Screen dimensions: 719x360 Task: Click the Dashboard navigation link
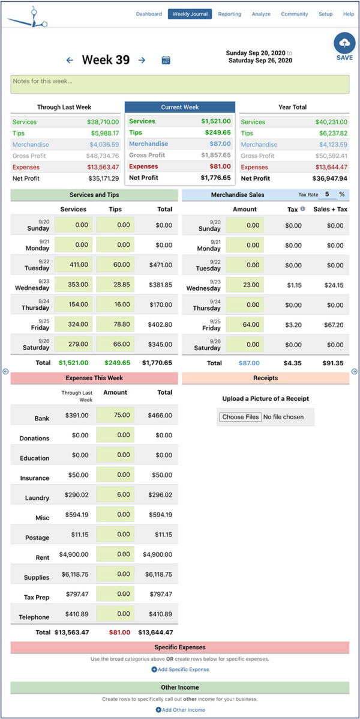(149, 14)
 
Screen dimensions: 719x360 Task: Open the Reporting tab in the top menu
(229, 14)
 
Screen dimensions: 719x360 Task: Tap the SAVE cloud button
(344, 46)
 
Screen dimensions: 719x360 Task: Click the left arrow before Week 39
(70, 60)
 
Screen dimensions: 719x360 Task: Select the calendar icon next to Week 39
(166, 60)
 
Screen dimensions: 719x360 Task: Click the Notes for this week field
(179, 84)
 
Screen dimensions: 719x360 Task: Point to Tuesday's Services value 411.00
(74, 265)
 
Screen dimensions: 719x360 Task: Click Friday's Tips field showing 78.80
(115, 324)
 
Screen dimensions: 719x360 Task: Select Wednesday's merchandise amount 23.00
(245, 285)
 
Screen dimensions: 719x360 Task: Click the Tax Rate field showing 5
(328, 195)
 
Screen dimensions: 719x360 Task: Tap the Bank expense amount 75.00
(115, 415)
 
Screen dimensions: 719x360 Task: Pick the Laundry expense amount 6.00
(115, 494)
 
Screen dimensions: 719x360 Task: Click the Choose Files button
(241, 417)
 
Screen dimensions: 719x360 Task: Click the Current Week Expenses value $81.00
(215, 166)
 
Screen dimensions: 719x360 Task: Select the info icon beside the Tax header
(302, 209)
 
